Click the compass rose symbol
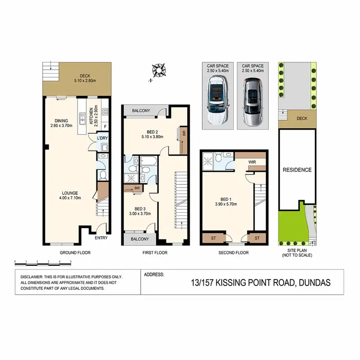point(158,72)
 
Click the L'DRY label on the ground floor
point(102,138)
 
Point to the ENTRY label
point(101,238)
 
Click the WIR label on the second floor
point(252,163)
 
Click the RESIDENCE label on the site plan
point(297,170)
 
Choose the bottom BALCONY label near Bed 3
point(138,239)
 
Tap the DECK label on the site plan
point(301,118)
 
